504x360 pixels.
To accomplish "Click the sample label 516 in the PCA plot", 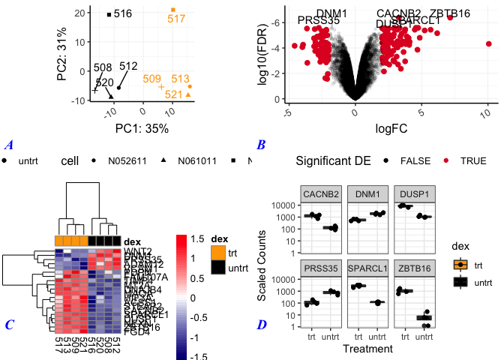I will pos(123,13).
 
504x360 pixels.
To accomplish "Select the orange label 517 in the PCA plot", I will pos(176,19).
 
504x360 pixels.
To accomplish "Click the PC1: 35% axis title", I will pos(141,128).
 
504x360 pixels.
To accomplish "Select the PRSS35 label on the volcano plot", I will pos(319,20).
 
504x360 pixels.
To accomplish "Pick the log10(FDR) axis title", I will pos(264,54).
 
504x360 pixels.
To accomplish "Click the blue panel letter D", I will pos(260,325).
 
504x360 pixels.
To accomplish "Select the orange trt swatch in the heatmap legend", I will pos(217,251).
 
